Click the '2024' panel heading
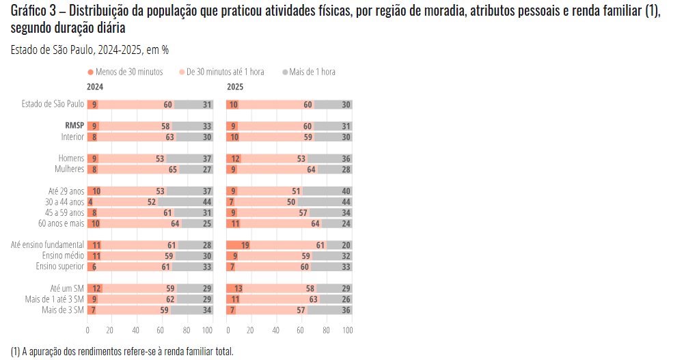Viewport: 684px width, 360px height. click(95, 87)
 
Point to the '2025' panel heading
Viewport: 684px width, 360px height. click(235, 87)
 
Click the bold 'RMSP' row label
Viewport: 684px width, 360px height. click(74, 126)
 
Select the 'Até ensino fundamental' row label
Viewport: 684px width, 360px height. click(48, 245)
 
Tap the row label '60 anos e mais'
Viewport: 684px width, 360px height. click(61, 223)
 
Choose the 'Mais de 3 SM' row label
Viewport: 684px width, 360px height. click(64, 309)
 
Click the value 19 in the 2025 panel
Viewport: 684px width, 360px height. click(244, 245)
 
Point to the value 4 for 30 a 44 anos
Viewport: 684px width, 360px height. click(90, 202)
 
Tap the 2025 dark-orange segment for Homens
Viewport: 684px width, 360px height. click(234, 158)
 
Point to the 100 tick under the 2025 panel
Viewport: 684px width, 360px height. click(347, 330)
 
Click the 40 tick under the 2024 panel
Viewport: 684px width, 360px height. click(136, 330)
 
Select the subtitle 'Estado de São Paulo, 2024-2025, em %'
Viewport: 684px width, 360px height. click(90, 50)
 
